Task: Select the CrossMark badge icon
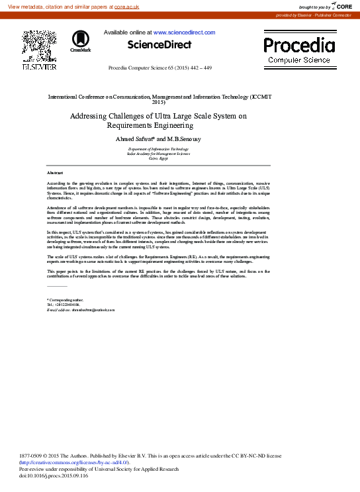[80, 41]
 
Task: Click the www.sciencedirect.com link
[184, 32]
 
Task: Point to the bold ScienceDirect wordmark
[159, 45]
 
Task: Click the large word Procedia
[299, 45]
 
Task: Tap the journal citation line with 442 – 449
[159, 68]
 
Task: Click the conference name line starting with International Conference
[159, 97]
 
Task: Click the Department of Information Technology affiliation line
[159, 150]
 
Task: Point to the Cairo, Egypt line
[159, 160]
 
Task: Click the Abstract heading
[55, 172]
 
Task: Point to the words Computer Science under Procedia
[299, 60]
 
